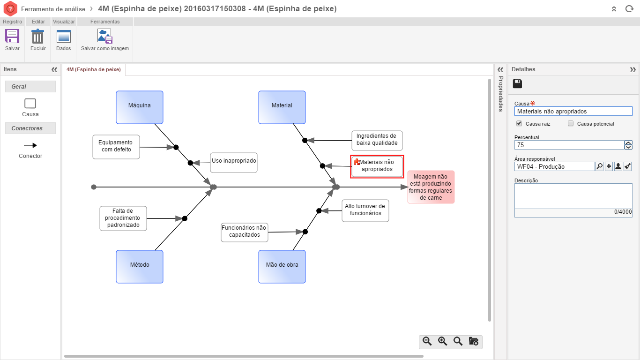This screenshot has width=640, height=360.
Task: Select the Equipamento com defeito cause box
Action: coord(116,146)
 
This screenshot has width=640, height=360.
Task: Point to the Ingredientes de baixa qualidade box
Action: coord(377,140)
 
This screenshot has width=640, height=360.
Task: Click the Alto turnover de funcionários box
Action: coord(365,210)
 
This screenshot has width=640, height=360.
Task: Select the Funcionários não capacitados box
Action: coord(244,232)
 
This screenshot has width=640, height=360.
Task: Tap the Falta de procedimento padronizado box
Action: coord(123,218)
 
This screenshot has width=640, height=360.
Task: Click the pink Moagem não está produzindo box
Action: coord(431,187)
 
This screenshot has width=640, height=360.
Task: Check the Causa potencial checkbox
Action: coord(571,124)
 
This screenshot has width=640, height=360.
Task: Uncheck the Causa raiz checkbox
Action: coord(519,124)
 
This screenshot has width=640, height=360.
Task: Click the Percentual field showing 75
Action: coord(569,145)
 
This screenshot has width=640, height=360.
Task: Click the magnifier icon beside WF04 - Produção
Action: coord(599,166)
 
